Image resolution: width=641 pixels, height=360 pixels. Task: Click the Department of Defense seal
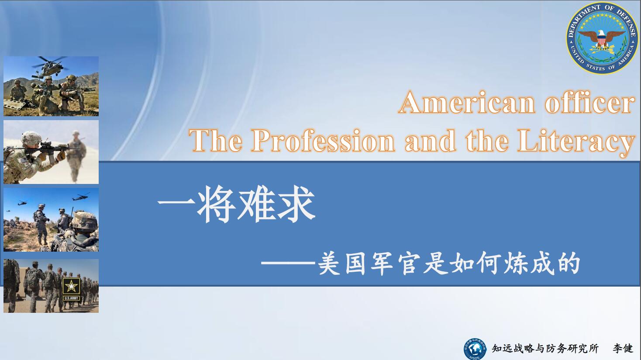click(x=602, y=38)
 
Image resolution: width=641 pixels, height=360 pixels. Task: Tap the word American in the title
click(x=466, y=103)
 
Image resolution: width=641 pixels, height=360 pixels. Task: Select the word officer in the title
click(x=589, y=102)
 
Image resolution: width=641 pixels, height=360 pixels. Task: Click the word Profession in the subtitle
click(x=323, y=141)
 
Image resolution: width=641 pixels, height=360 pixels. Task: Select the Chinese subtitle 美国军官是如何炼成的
click(x=449, y=263)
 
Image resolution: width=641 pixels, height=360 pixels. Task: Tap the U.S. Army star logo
click(x=71, y=289)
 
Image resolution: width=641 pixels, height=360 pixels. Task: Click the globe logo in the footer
click(x=475, y=349)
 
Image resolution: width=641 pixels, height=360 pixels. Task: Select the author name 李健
click(x=623, y=349)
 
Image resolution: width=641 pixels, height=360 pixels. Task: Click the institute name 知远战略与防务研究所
click(x=545, y=349)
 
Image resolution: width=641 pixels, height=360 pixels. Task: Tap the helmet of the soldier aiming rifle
click(x=31, y=138)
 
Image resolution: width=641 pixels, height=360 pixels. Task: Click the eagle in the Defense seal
click(x=602, y=38)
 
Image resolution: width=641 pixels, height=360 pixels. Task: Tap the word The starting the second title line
click(x=215, y=141)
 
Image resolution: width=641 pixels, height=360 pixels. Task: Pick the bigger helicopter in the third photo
click(x=81, y=197)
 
